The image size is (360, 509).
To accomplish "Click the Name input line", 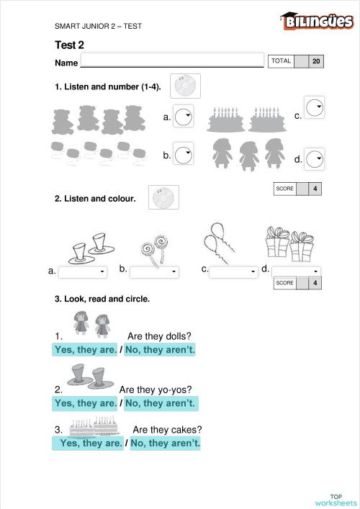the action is point(173,60).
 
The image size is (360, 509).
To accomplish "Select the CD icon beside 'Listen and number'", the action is point(186,86).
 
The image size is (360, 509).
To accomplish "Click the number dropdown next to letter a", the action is point(184,116).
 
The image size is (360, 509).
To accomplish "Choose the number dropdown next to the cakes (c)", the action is point(314,107).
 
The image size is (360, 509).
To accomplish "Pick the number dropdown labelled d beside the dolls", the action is point(315,157).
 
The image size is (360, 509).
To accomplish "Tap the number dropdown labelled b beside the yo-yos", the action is point(184,153).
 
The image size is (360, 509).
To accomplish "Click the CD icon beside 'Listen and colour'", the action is point(163,197).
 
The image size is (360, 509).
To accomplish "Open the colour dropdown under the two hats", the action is point(83,272).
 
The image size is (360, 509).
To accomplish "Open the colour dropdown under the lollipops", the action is point(154,272).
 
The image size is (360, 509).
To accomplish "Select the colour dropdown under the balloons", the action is point(233,271).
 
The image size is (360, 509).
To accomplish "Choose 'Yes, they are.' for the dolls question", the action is point(85,350).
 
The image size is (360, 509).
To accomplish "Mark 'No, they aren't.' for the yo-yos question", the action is point(160,403).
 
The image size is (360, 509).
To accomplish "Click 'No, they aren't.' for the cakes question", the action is point(165,443).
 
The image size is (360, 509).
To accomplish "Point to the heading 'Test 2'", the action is point(70,45).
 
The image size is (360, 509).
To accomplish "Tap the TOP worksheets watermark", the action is point(336,500).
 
